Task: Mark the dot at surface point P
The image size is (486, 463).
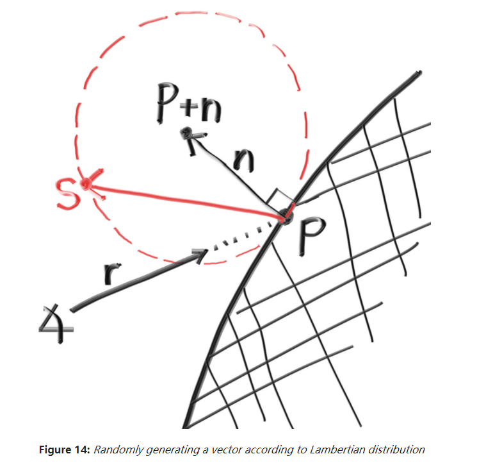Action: (286, 218)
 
